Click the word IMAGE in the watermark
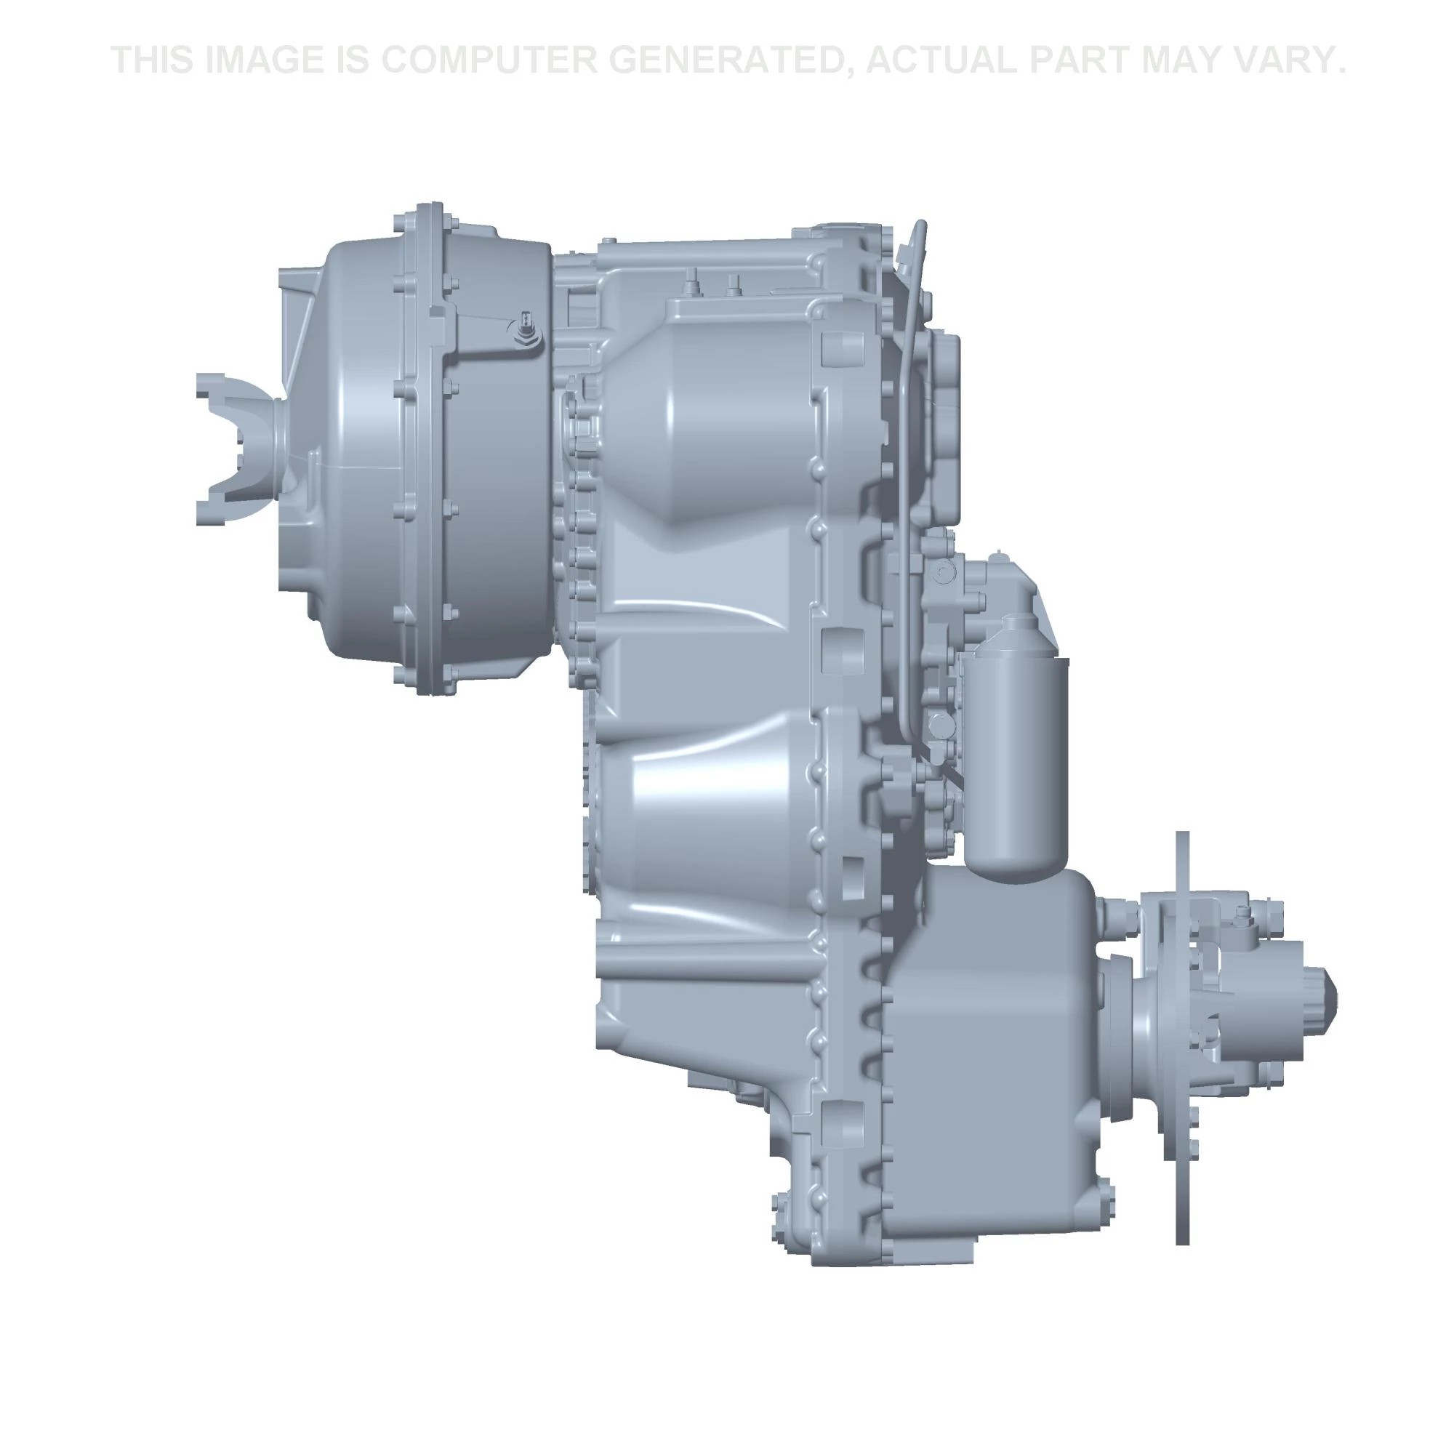pos(260,61)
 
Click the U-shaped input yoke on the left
pos(239,449)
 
